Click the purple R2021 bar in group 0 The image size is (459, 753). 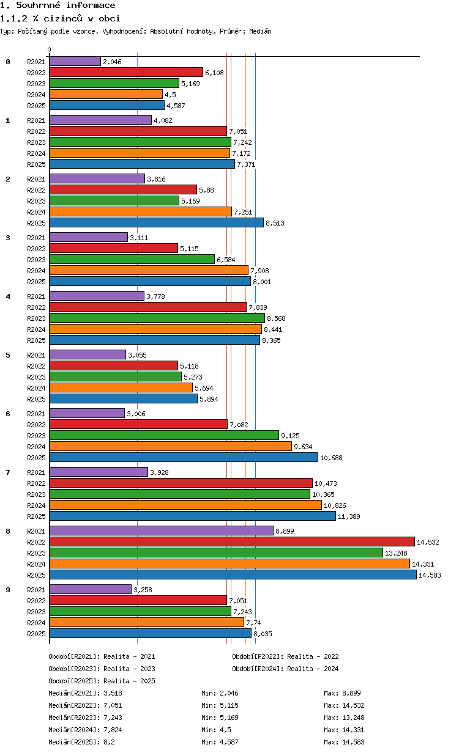pyautogui.click(x=75, y=61)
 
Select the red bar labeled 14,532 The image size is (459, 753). pyautogui.click(x=232, y=542)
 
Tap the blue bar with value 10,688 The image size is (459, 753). pyautogui.click(x=184, y=457)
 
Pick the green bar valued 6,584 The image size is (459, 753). pyautogui.click(x=132, y=259)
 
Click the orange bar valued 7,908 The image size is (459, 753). pyautogui.click(x=149, y=270)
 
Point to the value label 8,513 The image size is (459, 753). pyautogui.click(x=275, y=223)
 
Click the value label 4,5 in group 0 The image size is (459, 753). pyautogui.click(x=170, y=95)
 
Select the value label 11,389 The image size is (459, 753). pyautogui.click(x=349, y=516)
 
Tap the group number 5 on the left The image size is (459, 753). pyautogui.click(x=8, y=355)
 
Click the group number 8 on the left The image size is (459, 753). pyautogui.click(x=8, y=531)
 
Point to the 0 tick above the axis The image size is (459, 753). pyautogui.click(x=50, y=50)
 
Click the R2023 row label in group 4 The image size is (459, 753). pyautogui.click(x=36, y=318)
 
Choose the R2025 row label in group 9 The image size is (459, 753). pyautogui.click(x=36, y=634)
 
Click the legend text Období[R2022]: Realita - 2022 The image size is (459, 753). pyautogui.click(x=285, y=656)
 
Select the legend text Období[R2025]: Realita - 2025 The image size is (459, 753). pyautogui.click(x=102, y=681)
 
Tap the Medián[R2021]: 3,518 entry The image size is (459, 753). pyautogui.click(x=85, y=693)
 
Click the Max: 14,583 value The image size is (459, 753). pyautogui.click(x=344, y=742)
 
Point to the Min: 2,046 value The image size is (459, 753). pyautogui.click(x=220, y=693)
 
